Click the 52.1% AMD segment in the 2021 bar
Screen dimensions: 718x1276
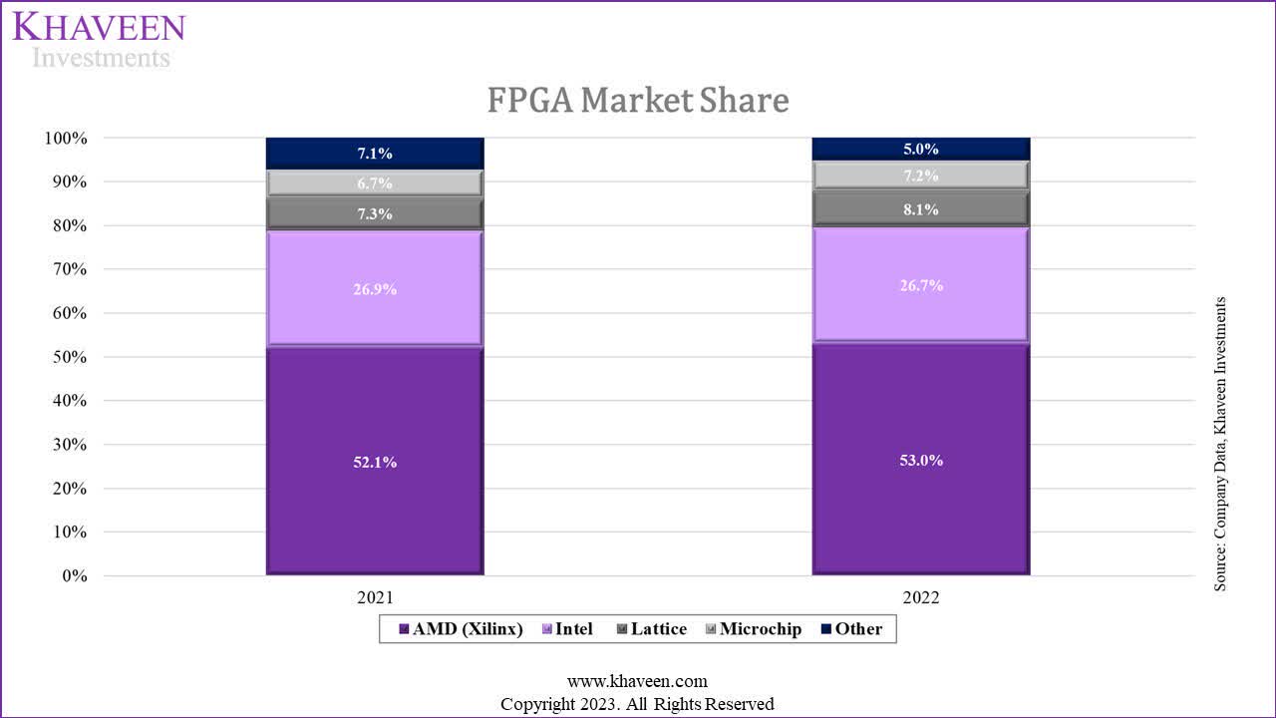pos(374,461)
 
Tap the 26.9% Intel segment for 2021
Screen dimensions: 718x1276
pos(374,289)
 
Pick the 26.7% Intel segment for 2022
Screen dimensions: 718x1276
pos(920,285)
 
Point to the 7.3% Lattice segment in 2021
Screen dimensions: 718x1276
pos(374,213)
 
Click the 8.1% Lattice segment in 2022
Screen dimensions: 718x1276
pos(920,209)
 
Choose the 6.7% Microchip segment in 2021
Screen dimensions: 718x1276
pos(374,183)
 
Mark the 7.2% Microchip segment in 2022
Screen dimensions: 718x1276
pos(920,176)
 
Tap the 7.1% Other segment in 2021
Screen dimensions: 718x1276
pos(374,154)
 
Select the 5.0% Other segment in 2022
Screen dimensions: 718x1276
pos(920,149)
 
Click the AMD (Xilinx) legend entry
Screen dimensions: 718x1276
pos(461,629)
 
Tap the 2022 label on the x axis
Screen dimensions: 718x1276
pos(920,598)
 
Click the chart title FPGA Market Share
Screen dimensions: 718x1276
pos(638,101)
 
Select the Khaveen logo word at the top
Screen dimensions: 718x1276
pos(99,27)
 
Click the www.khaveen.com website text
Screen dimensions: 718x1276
pos(637,681)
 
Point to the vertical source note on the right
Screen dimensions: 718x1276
pos(1220,444)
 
